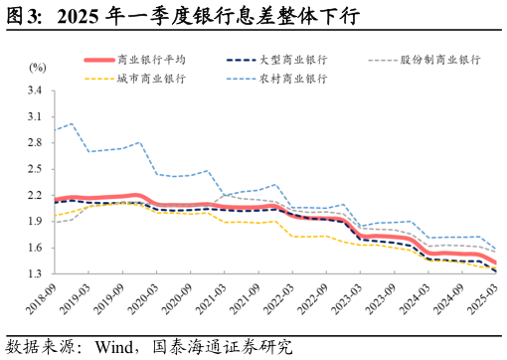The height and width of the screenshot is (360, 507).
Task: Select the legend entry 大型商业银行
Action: (x=288, y=60)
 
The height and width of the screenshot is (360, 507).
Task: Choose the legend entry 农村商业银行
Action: (x=288, y=78)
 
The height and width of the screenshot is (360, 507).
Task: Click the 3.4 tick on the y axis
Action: (x=36, y=90)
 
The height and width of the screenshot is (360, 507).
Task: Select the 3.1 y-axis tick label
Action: (x=36, y=116)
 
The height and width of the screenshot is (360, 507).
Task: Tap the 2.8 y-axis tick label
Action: (x=36, y=142)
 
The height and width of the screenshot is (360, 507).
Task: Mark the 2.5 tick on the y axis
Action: (x=36, y=169)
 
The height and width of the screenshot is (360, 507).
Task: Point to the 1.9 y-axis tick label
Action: (x=36, y=221)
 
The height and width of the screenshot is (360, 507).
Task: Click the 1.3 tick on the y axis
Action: (x=36, y=273)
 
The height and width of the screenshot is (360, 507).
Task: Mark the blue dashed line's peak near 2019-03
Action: (x=72, y=123)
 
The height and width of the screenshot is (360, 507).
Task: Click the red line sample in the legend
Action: (x=99, y=60)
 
